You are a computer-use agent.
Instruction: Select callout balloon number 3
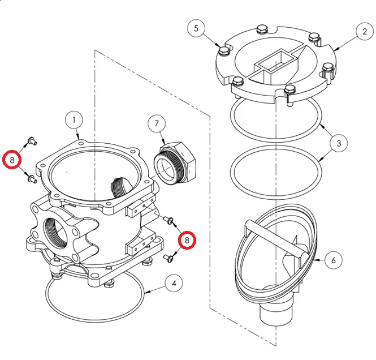point(339,143)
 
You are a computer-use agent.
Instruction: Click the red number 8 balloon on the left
point(12,160)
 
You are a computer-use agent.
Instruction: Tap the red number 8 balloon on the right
point(187,240)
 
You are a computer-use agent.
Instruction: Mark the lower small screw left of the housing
point(32,179)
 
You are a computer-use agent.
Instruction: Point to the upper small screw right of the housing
point(168,220)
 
